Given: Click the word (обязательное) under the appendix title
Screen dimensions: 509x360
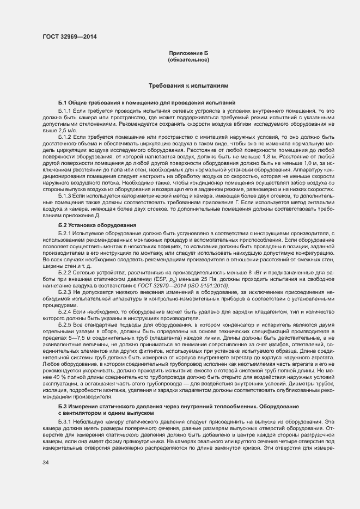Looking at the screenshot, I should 188,59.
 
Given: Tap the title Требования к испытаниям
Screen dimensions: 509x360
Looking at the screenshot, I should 188,86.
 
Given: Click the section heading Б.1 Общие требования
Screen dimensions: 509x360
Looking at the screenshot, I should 139,102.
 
